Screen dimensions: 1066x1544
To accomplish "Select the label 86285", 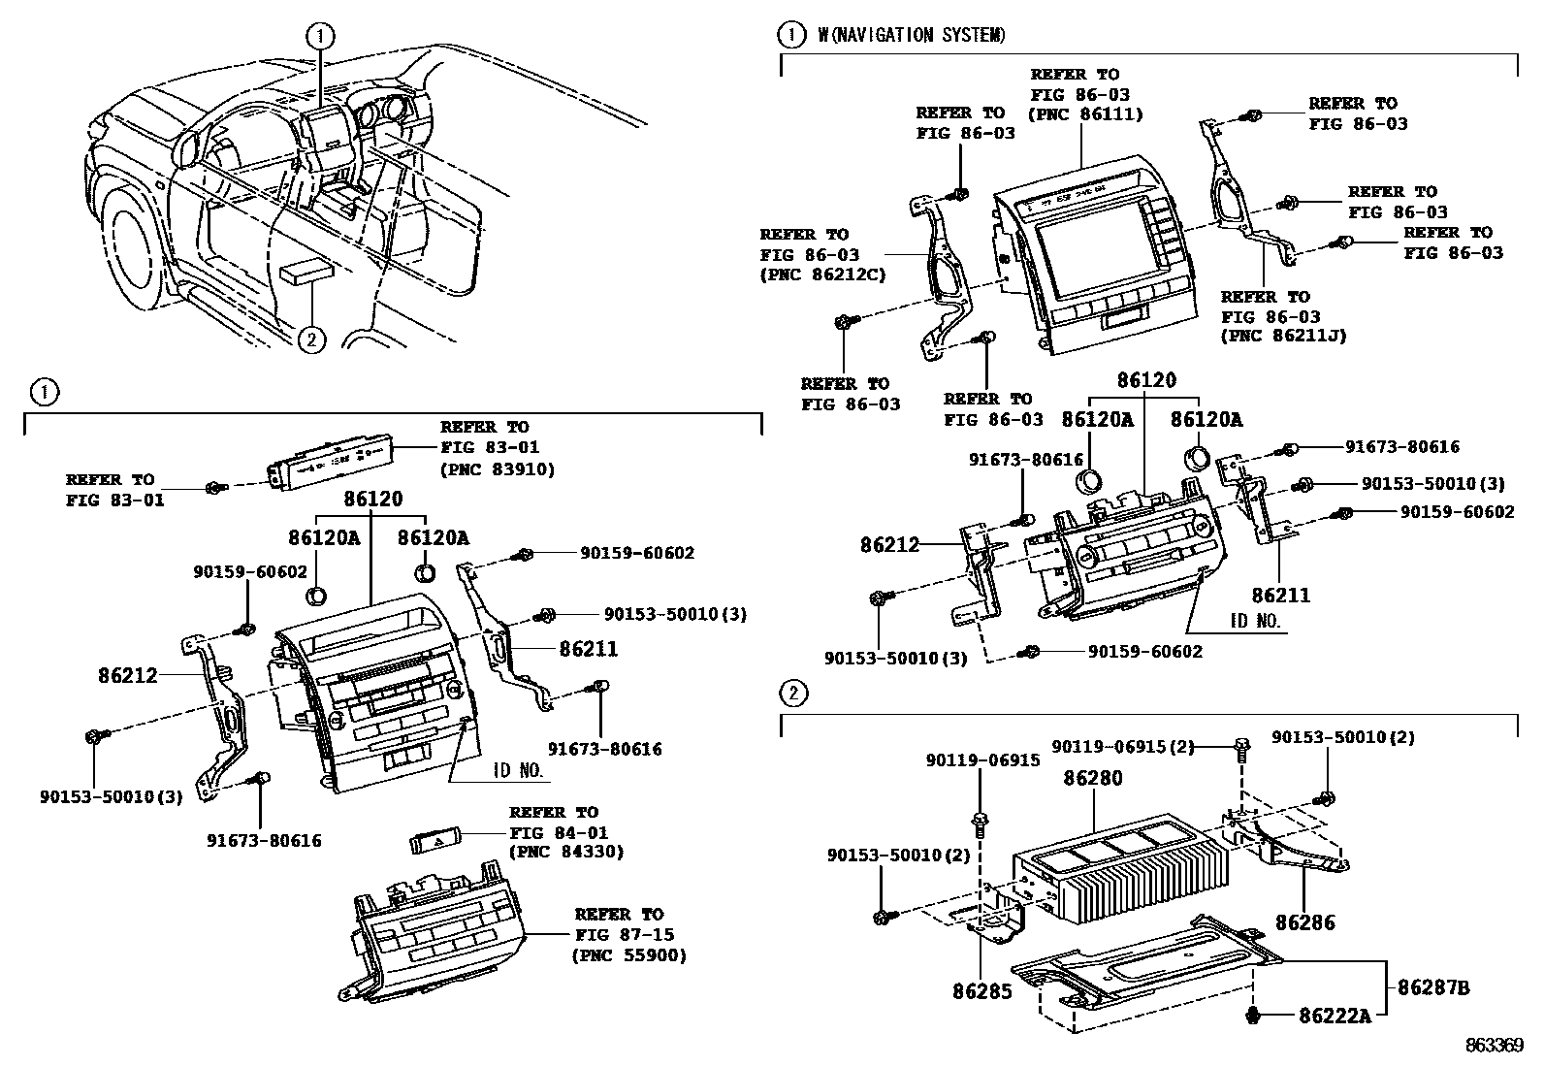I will click(x=982, y=991).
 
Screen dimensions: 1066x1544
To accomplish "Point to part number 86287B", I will click(x=1433, y=987).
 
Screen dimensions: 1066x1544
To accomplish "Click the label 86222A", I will click(x=1335, y=1016).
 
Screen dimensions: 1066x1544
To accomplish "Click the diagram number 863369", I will click(x=1495, y=1046).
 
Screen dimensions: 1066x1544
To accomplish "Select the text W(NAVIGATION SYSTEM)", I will click(x=912, y=36).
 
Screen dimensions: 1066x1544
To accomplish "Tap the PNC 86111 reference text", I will click(x=1085, y=114).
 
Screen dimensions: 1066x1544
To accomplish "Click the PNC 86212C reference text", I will click(x=822, y=275).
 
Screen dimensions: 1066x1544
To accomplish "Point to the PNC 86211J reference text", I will click(x=1283, y=337).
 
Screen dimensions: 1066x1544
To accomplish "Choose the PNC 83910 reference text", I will click(x=498, y=469).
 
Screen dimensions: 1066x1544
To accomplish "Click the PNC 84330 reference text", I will click(x=566, y=852).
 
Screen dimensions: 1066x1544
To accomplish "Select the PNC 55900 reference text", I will click(x=629, y=955).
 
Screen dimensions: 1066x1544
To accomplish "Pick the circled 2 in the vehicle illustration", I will click(x=310, y=339).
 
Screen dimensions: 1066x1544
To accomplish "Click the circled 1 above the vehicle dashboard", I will click(x=320, y=37).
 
